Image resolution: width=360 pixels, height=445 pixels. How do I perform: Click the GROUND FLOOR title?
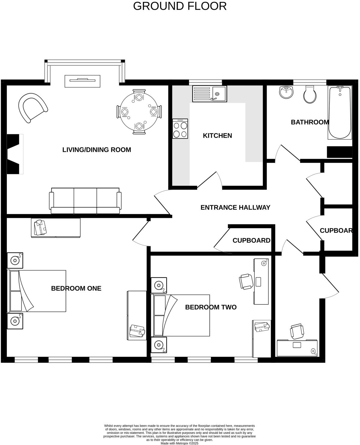tap(180, 6)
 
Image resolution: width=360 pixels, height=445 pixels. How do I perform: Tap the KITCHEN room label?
tap(217, 136)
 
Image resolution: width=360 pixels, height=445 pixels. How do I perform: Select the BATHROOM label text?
tap(310, 122)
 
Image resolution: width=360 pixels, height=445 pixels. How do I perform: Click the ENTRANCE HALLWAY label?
tap(235, 207)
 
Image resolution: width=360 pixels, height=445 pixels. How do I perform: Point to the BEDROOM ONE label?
tap(76, 288)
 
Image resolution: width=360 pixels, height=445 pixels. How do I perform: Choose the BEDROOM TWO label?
tap(211, 307)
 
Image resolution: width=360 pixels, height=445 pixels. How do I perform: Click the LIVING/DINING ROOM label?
tap(97, 150)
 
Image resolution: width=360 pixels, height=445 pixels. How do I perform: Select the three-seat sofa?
tap(85, 201)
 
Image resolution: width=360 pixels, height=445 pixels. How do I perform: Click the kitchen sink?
tap(209, 94)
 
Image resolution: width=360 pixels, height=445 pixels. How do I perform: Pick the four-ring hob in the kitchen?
tap(180, 129)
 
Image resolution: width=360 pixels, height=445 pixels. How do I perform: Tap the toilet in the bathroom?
tap(309, 95)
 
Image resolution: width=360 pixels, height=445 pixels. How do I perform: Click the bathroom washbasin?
tap(286, 92)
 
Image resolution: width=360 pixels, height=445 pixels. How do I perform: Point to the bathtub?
tap(340, 112)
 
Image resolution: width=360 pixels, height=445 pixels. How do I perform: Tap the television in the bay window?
tap(82, 81)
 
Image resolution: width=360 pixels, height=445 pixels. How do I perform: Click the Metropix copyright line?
tap(179, 443)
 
